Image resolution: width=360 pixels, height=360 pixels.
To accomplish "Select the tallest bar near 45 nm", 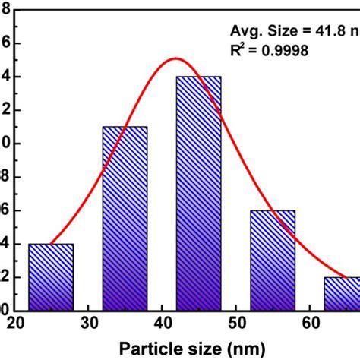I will click(199, 193).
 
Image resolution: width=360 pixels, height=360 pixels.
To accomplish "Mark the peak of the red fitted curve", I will click(175, 58).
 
